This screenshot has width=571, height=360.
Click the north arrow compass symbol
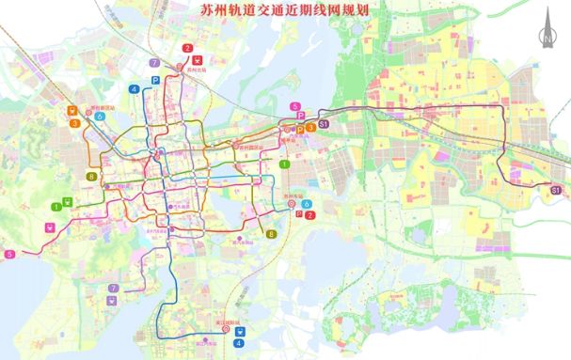(545, 28)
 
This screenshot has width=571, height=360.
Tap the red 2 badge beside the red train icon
(188, 48)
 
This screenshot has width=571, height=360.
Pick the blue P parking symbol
(154, 64)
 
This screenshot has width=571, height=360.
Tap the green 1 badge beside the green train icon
(57, 206)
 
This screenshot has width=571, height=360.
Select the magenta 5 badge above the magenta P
(295, 106)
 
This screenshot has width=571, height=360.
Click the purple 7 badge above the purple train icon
(113, 288)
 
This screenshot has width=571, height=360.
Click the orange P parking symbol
(301, 128)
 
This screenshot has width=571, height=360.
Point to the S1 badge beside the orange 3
(324, 124)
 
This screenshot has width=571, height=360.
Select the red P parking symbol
(299, 214)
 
